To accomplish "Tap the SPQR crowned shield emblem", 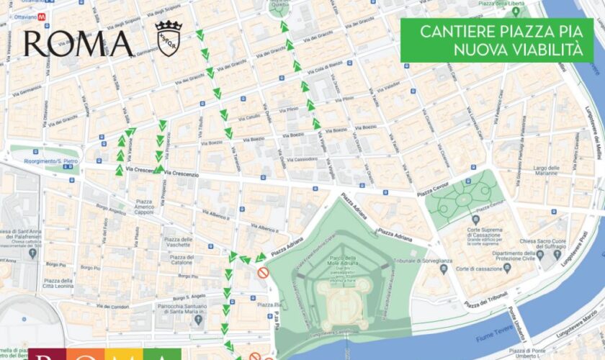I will pos(168,38).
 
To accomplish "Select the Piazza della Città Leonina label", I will pos(57,284).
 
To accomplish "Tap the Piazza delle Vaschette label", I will pos(176,242).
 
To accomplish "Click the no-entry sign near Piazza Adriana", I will pos(264,273).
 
